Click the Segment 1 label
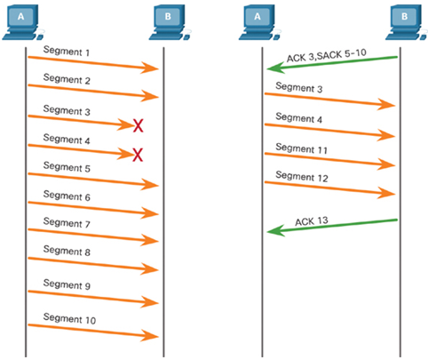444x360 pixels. coord(67,51)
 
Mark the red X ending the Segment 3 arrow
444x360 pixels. coord(139,125)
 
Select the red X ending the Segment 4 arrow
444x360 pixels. coord(138,155)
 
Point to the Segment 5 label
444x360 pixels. coord(67,167)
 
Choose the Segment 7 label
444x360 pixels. coord(67,223)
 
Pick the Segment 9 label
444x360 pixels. coord(67,284)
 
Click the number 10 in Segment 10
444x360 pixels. coord(91,320)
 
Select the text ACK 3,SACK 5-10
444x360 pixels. coord(327,55)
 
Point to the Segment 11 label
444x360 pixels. coord(302,148)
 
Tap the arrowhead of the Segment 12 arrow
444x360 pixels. coord(386,193)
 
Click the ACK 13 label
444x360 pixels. coord(312,221)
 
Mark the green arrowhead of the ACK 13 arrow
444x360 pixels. coord(276,230)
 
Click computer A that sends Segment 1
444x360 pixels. coord(23,22)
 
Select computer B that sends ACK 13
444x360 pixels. coord(407,22)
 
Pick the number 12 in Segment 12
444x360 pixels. coord(322,178)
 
